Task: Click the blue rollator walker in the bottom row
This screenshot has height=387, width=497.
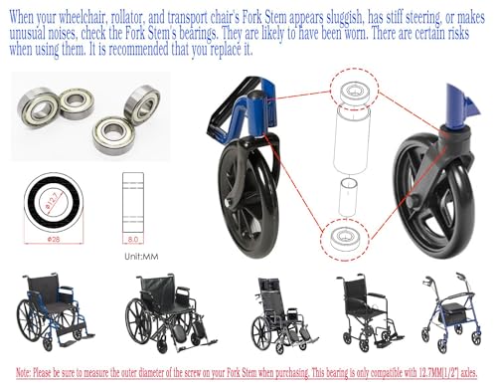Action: [451, 313]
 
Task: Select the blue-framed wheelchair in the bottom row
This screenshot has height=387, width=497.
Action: [55, 311]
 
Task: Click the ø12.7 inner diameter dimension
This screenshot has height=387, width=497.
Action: [53, 202]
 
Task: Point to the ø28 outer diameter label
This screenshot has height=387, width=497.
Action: [54, 239]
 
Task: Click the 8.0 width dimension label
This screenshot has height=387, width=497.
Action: [133, 239]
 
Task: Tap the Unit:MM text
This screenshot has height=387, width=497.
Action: [141, 257]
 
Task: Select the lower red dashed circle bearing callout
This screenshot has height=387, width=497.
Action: [345, 238]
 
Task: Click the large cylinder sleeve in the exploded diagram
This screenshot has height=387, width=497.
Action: [351, 139]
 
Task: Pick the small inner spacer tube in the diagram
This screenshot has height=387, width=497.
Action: [348, 197]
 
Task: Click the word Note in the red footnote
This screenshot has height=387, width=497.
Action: [23, 373]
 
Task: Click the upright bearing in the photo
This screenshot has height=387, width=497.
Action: [142, 103]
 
